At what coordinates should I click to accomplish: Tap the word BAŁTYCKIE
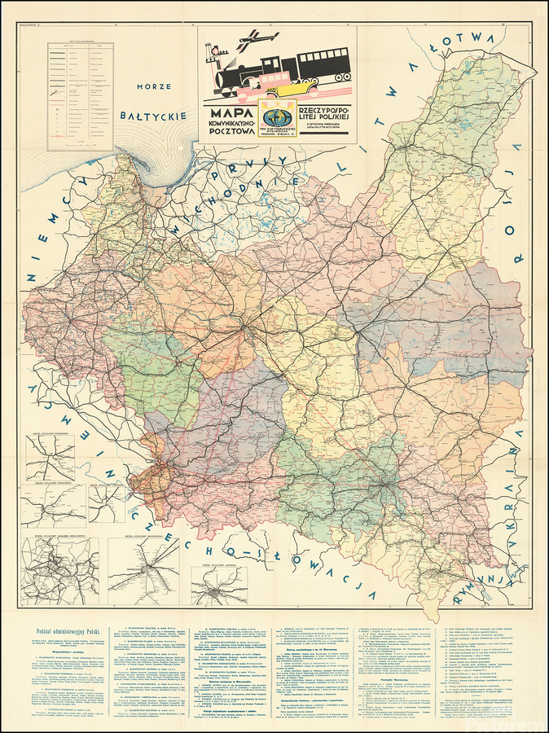tap(152, 117)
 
